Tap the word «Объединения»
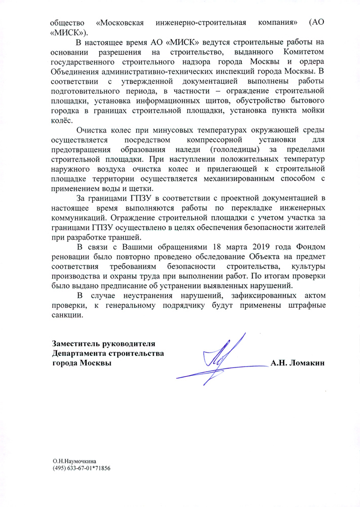(x=77, y=71)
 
